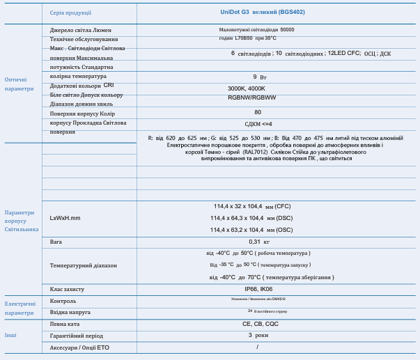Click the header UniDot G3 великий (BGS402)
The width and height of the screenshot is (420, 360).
click(258, 12)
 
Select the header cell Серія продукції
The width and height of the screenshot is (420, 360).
click(70, 13)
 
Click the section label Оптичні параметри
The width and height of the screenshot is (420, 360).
click(19, 84)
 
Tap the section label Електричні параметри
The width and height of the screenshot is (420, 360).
click(20, 308)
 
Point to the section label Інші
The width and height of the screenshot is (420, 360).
click(10, 336)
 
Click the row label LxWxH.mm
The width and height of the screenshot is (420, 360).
click(65, 218)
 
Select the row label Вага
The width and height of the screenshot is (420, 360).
click(56, 242)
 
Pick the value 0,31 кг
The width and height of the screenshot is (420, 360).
click(258, 242)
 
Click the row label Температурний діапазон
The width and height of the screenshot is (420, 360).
click(84, 265)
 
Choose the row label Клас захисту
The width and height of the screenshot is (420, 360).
click(67, 288)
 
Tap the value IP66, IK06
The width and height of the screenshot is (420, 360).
click(258, 288)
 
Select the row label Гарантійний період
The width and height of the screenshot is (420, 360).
click(76, 336)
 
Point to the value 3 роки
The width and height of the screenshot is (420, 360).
click(258, 335)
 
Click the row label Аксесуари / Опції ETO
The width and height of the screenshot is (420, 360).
click(79, 347)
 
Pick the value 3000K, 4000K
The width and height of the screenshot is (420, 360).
click(247, 88)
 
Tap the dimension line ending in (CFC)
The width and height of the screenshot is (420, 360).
click(251, 206)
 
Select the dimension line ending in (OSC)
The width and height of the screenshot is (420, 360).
click(251, 229)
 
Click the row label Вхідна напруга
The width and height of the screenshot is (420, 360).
click(70, 312)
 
